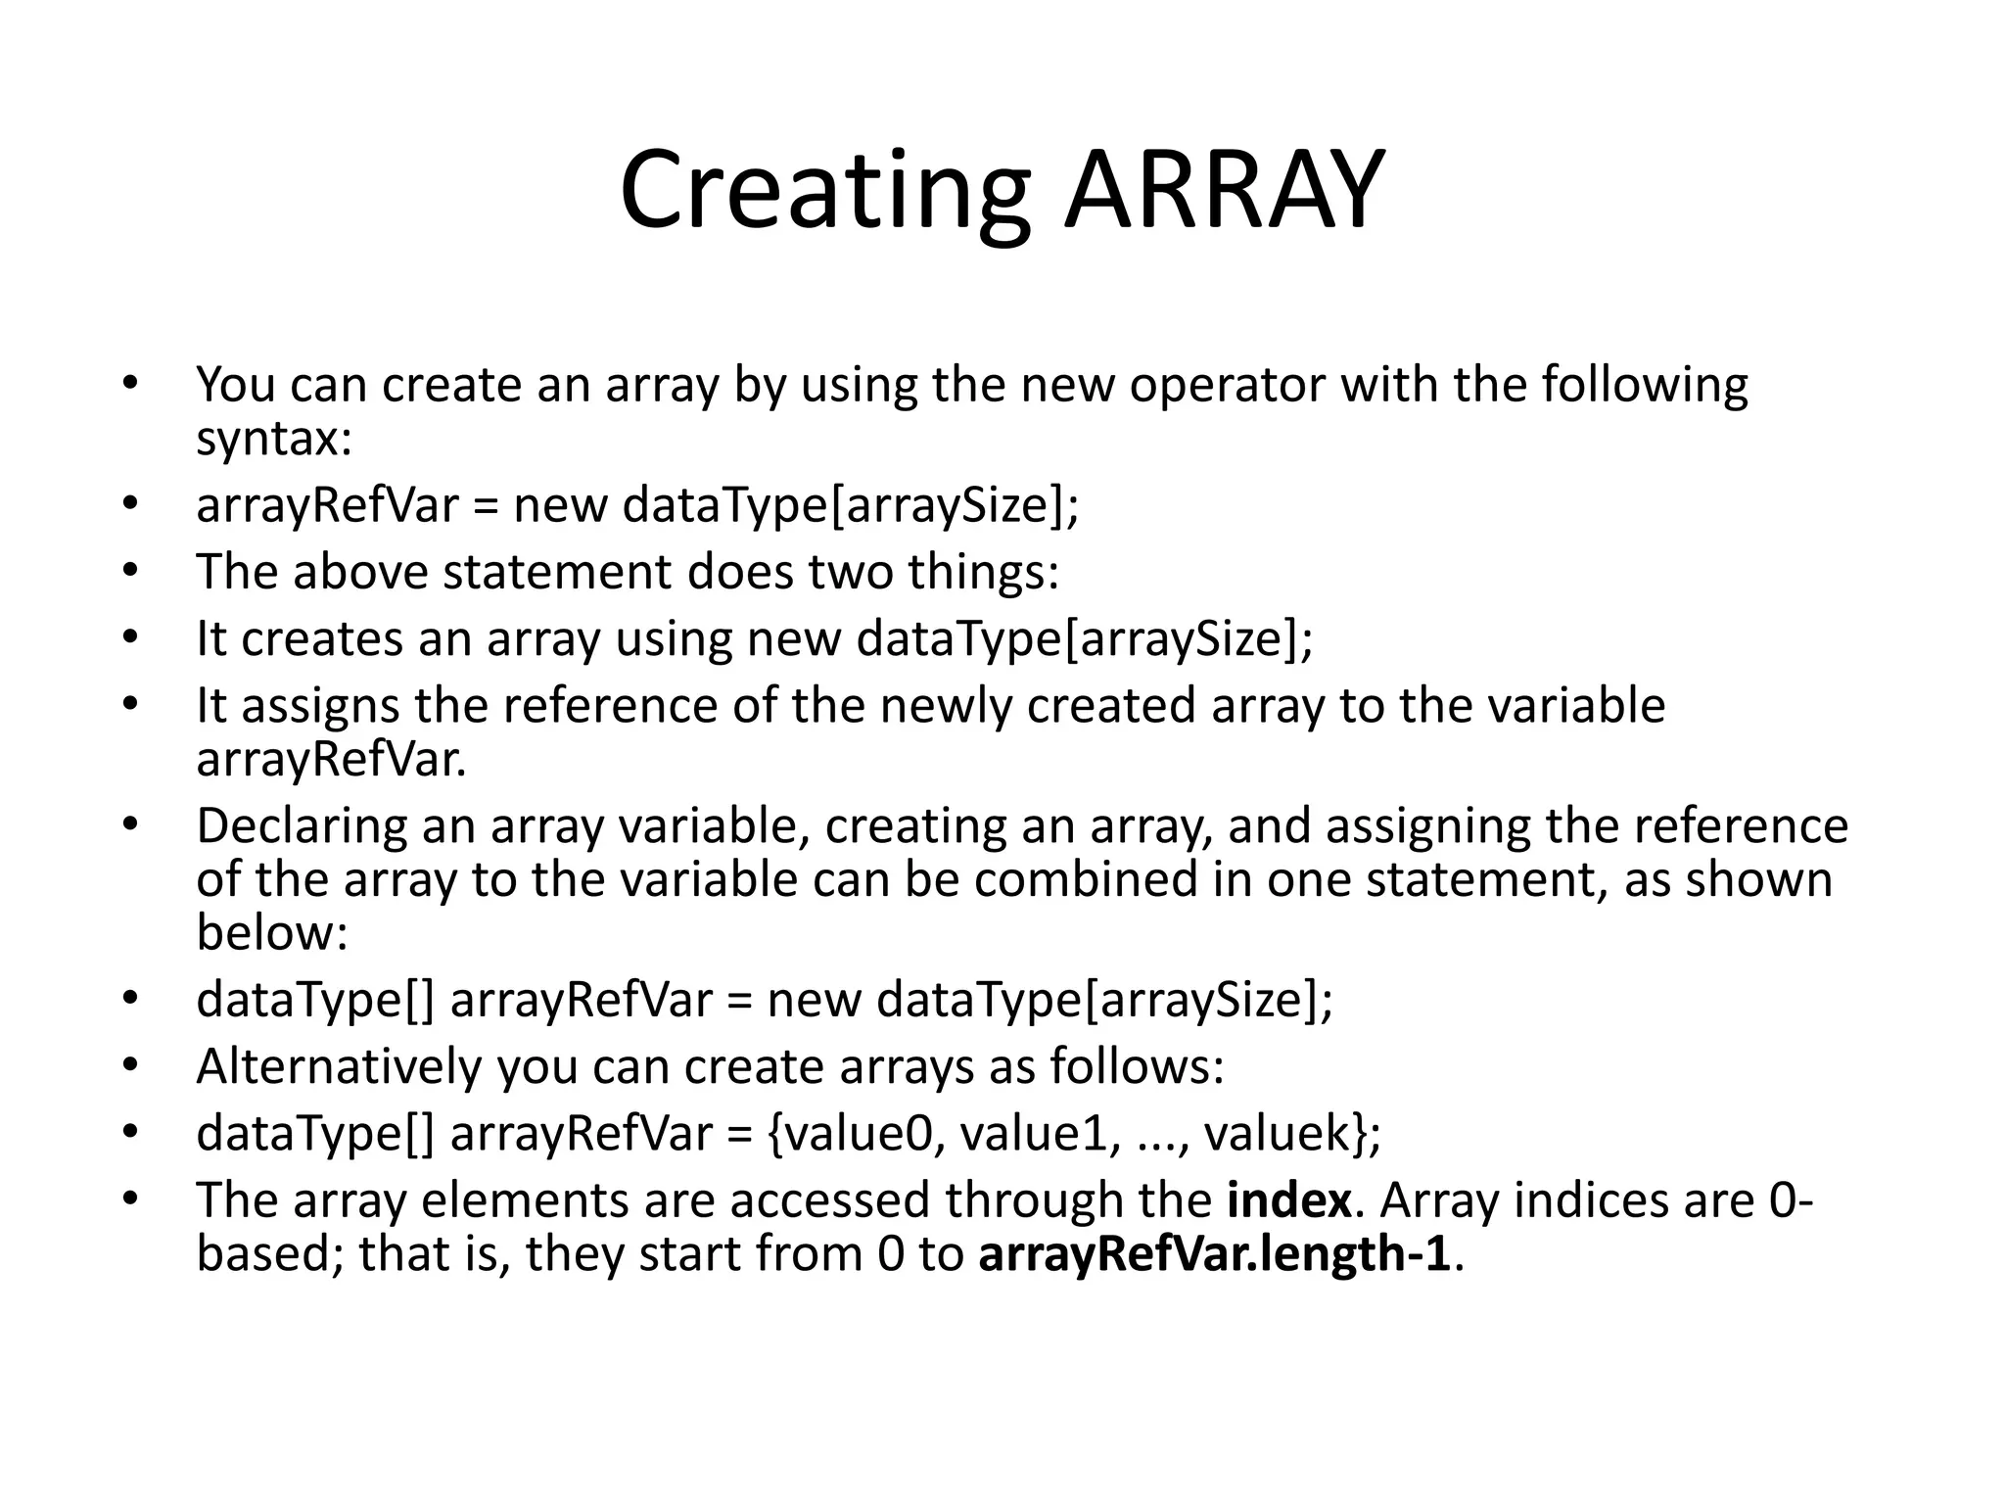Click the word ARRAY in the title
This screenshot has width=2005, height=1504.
pyautogui.click(x=1224, y=191)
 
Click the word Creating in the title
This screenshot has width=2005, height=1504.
pyautogui.click(x=824, y=191)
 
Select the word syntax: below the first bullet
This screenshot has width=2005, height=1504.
pyautogui.click(x=273, y=439)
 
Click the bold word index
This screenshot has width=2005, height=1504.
pyautogui.click(x=1288, y=1200)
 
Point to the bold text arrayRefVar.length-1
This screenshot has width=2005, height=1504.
pyautogui.click(x=1214, y=1254)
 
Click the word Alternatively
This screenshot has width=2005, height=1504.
pyautogui.click(x=339, y=1066)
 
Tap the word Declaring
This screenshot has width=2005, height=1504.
pyautogui.click(x=301, y=826)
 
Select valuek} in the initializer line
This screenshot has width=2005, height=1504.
pyautogui.click(x=1291, y=1134)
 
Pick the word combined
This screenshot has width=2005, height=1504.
pyautogui.click(x=1085, y=879)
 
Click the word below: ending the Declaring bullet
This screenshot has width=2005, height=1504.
pyautogui.click(x=271, y=932)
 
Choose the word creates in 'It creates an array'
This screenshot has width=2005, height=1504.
pyautogui.click(x=321, y=639)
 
